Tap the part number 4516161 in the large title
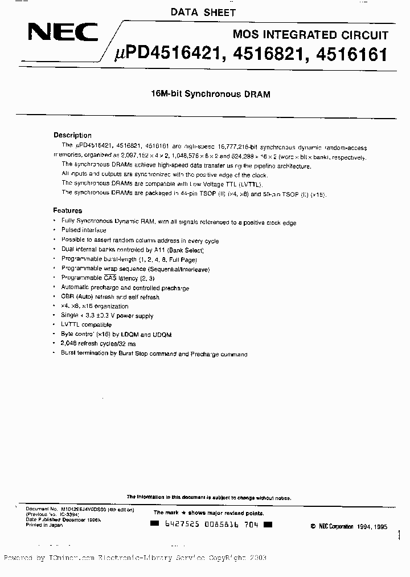click(x=351, y=55)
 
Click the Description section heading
click(x=72, y=135)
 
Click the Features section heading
click(x=68, y=210)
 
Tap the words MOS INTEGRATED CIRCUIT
click(x=310, y=35)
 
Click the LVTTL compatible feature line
click(x=86, y=325)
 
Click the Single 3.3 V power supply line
click(x=107, y=315)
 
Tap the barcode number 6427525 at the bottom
click(x=174, y=525)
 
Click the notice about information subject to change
click(x=208, y=498)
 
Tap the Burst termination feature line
click(x=154, y=354)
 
